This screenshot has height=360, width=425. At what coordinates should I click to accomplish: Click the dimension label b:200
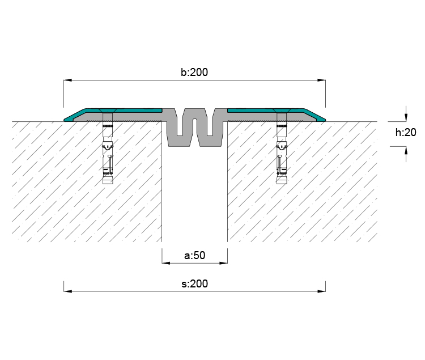coord(194,72)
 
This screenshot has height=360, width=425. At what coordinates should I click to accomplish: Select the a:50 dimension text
coord(194,255)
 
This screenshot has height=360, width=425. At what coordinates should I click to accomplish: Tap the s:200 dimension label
coord(194,283)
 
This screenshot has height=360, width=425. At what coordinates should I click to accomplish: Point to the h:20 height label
coord(406,132)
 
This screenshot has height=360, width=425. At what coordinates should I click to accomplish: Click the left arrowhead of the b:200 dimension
coord(68,81)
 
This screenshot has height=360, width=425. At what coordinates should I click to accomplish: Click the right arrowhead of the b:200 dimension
coord(321,81)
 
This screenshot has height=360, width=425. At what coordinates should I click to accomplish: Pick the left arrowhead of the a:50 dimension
coord(166,263)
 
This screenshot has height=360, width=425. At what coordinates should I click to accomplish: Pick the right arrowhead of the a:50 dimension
coord(223,263)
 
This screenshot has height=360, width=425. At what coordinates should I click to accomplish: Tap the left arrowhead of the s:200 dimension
coord(68,291)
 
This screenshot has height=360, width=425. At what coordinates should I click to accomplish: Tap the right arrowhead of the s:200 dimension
coord(321,291)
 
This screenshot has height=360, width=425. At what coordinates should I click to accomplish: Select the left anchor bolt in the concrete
coord(108,149)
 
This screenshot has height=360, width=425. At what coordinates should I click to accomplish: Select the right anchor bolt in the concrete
coord(282,149)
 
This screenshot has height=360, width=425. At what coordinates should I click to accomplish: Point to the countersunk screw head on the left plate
coord(108,111)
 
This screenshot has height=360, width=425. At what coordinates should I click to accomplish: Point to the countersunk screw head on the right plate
coord(282,111)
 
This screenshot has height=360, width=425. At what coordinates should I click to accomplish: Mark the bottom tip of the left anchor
coord(108,184)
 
